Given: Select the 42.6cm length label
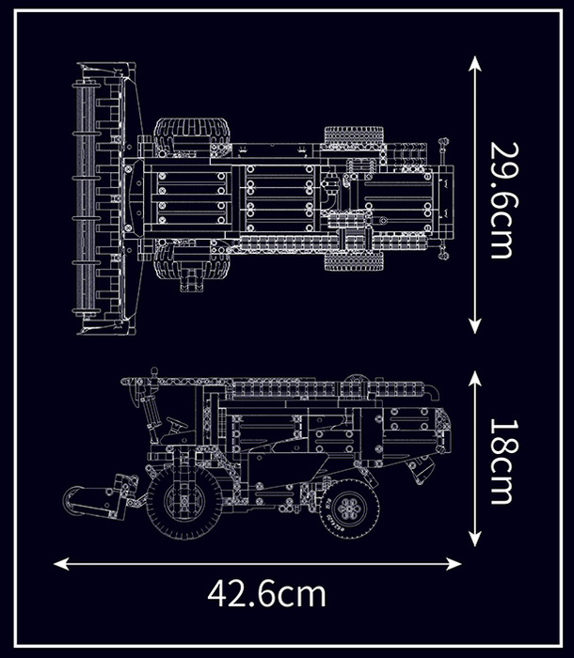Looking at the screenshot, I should tap(267, 594).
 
